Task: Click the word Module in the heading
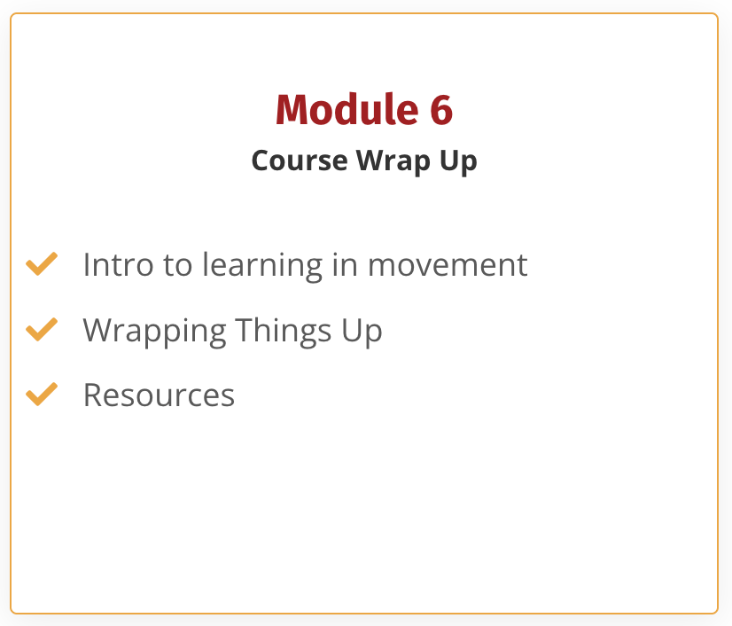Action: pos(347,109)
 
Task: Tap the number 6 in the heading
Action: pos(441,110)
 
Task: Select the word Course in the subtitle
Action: pos(300,160)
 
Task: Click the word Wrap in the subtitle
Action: pos(393,161)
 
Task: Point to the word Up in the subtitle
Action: pos(458,161)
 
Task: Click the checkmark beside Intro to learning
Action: pos(42,264)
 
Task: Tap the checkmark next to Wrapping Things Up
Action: pos(42,329)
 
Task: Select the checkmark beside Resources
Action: pos(42,395)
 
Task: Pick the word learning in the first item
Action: pos(262,266)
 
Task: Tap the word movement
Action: pos(448,265)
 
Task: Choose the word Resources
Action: pos(160,395)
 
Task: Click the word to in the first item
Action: pos(178,265)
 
